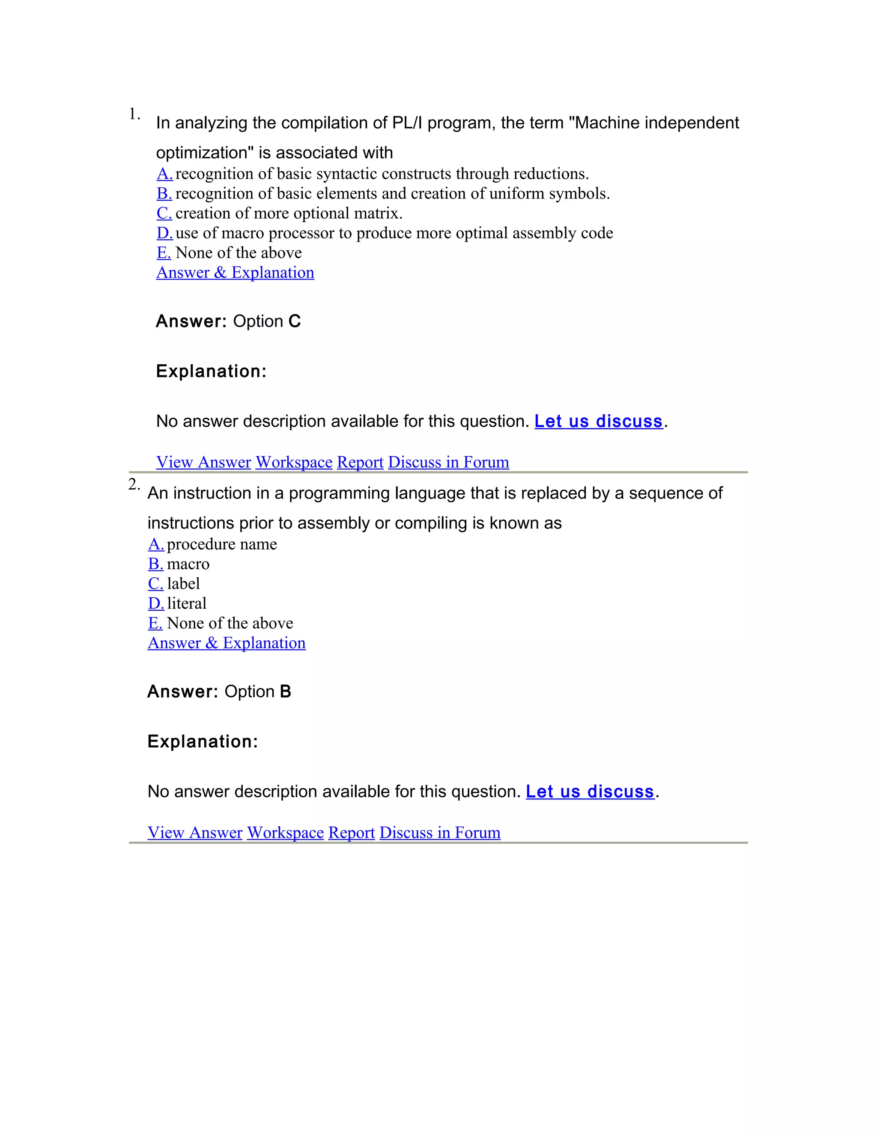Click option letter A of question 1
tap(164, 173)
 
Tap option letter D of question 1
tap(164, 233)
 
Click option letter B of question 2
tap(155, 564)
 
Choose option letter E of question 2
tap(155, 623)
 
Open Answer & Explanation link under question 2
tap(227, 643)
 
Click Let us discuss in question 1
tap(599, 421)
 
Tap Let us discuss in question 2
tap(590, 791)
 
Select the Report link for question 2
tap(351, 832)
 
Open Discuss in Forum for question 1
tap(448, 462)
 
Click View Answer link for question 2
tap(195, 832)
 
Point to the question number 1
tap(134, 114)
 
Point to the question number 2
tap(134, 484)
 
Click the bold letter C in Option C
tap(295, 321)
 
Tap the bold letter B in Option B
tap(285, 692)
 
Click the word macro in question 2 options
tap(188, 564)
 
